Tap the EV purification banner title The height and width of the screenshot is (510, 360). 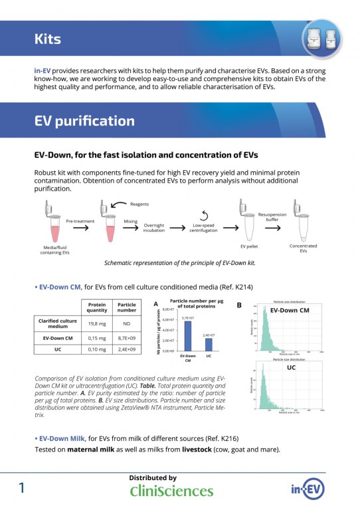click(x=84, y=121)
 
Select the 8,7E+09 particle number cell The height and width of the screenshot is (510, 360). click(x=127, y=338)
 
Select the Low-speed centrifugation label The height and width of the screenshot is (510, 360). click(x=205, y=228)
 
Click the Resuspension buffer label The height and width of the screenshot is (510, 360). click(x=272, y=217)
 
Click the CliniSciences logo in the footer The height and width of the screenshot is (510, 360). click(x=171, y=491)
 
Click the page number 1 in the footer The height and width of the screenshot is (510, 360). click(x=23, y=488)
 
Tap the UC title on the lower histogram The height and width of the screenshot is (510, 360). click(x=290, y=367)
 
